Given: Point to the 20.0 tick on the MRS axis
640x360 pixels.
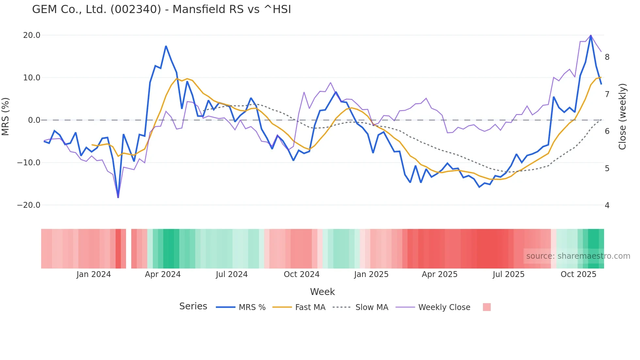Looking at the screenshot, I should click(x=32, y=35).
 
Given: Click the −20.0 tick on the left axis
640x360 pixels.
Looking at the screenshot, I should click(x=29, y=205).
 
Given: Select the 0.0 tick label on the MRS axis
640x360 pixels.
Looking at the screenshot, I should click(x=34, y=120).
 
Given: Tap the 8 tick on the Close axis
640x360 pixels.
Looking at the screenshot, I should click(x=607, y=57).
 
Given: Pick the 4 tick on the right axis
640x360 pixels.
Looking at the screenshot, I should click(x=607, y=205).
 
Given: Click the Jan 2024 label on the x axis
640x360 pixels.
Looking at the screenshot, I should click(x=94, y=274).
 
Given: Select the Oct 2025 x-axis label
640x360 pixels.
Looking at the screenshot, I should click(x=578, y=274).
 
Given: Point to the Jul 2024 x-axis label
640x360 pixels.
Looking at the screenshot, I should click(x=232, y=274).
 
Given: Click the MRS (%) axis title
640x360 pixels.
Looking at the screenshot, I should click(x=6, y=116).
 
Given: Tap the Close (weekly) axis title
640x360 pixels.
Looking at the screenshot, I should click(x=622, y=116).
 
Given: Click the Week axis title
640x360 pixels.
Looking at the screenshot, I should click(x=322, y=292).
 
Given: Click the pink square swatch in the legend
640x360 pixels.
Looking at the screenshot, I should click(x=487, y=307).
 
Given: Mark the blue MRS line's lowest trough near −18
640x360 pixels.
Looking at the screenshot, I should click(x=118, y=197).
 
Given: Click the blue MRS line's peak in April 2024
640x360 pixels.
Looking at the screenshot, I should click(x=166, y=46).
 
